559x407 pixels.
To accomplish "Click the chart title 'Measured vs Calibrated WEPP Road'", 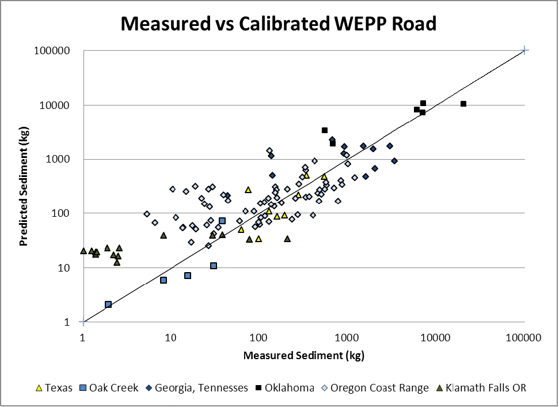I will coord(279,24).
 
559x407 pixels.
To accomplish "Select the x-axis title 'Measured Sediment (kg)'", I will coord(304,356).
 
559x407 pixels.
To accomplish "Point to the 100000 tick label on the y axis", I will coord(52,51).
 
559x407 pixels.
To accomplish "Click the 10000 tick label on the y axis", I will coord(55,105).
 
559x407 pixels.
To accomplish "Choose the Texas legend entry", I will coord(55,387).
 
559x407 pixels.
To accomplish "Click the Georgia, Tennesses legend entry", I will coord(196,387).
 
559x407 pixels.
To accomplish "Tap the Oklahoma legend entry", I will coord(285,387).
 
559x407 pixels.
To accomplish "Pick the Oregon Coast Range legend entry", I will coord(375,387).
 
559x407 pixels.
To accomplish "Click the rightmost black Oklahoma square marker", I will coord(463,104).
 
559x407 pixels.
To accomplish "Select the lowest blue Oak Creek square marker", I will coord(108,304).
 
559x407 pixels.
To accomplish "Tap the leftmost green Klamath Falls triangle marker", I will coord(83,251).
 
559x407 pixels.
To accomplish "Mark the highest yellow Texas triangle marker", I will coord(307,175).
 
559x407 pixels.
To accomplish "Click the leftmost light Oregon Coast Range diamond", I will coord(147,214).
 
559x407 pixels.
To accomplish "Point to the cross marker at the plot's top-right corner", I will coord(524,51).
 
